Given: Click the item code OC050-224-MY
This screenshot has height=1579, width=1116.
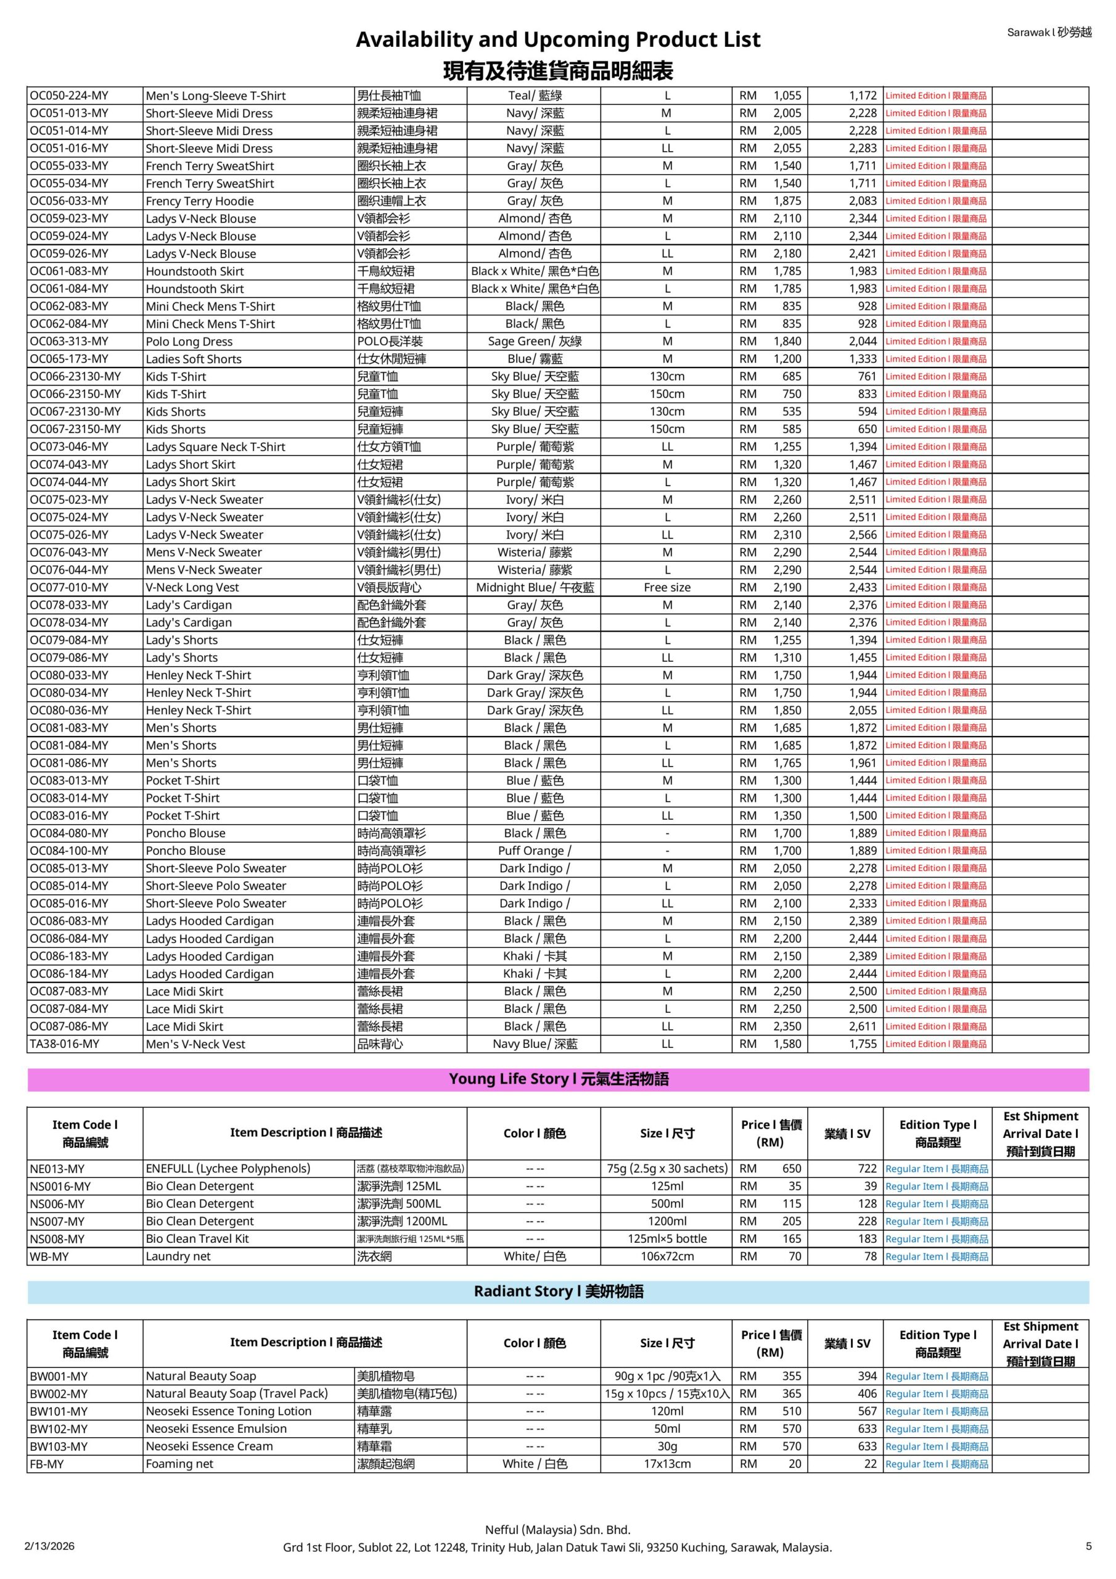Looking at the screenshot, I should coord(69,96).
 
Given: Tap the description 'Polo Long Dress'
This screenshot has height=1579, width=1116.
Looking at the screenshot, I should coord(189,341).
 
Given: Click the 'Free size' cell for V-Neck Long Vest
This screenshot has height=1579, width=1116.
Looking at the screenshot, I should coord(667,587).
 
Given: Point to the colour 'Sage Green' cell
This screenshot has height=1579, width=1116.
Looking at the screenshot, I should coord(535,341).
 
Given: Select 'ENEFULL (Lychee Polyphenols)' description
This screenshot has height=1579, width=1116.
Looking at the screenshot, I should coord(228,1168).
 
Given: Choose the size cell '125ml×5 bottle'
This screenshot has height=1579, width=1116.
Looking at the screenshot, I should coord(667,1239).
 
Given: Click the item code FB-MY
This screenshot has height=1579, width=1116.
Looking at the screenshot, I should coord(47,1464).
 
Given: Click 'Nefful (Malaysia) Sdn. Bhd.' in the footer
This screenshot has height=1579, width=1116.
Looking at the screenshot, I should coord(557,1530).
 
